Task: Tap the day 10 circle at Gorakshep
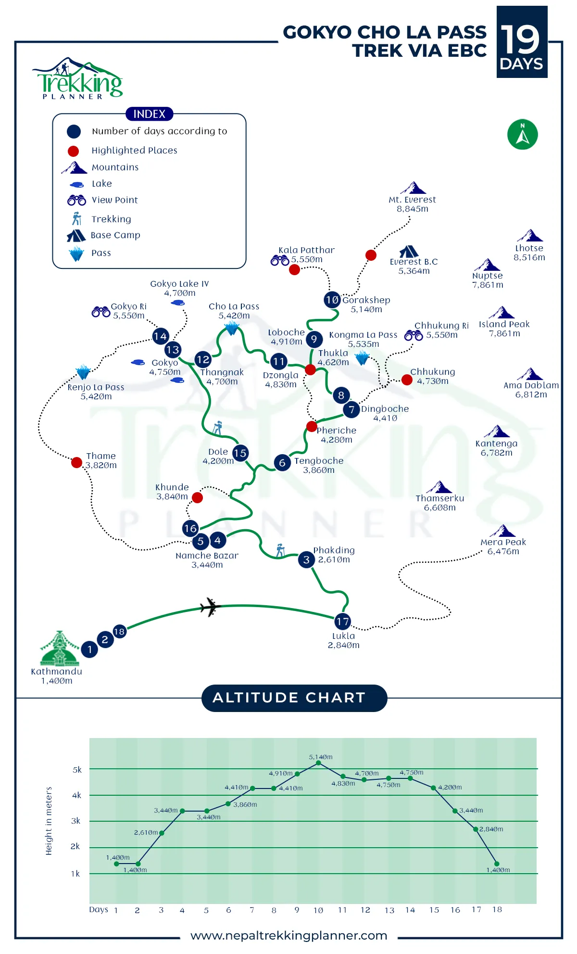click(332, 300)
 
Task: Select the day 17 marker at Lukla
click(342, 621)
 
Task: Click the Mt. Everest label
click(413, 204)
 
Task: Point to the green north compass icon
click(523, 134)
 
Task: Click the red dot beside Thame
click(76, 462)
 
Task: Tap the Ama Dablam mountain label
click(531, 390)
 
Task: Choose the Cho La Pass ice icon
click(232, 329)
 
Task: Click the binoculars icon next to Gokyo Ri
click(101, 312)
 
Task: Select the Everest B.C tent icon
click(409, 251)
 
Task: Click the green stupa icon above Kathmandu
click(60, 648)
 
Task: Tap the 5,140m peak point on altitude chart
click(318, 763)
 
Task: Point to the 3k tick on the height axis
click(75, 821)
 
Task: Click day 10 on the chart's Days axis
click(318, 910)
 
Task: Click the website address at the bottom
click(289, 936)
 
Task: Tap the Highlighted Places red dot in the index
click(73, 151)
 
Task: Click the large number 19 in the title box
click(521, 39)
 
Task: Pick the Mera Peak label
click(503, 547)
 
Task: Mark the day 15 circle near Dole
click(240, 453)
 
